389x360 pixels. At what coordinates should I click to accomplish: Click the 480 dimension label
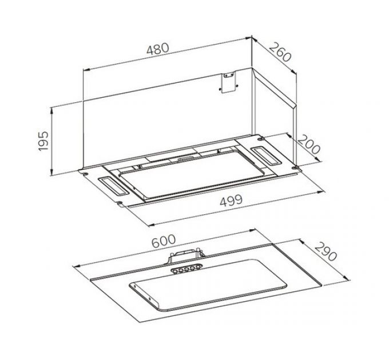(x=158, y=49)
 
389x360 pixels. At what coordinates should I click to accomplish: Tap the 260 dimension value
(x=280, y=52)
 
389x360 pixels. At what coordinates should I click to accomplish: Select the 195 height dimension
(x=43, y=141)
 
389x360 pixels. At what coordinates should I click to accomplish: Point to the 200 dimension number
(x=309, y=144)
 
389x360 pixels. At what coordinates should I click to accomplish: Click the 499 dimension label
(x=231, y=200)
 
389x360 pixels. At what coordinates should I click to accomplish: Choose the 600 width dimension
(x=164, y=241)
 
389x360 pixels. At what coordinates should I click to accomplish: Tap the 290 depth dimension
(x=326, y=252)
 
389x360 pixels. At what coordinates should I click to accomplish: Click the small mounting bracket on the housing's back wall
(x=228, y=82)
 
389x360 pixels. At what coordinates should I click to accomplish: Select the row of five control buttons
(x=186, y=269)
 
